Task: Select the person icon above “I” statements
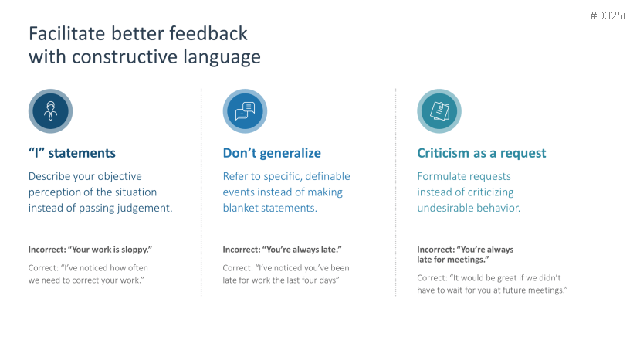point(50,111)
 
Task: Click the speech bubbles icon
point(245,111)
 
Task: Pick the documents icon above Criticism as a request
point(439,111)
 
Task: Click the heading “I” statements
point(72,153)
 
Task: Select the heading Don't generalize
point(272,153)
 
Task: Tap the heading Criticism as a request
point(481,153)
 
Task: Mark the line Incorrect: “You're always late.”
point(282,250)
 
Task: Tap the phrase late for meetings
point(452,259)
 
